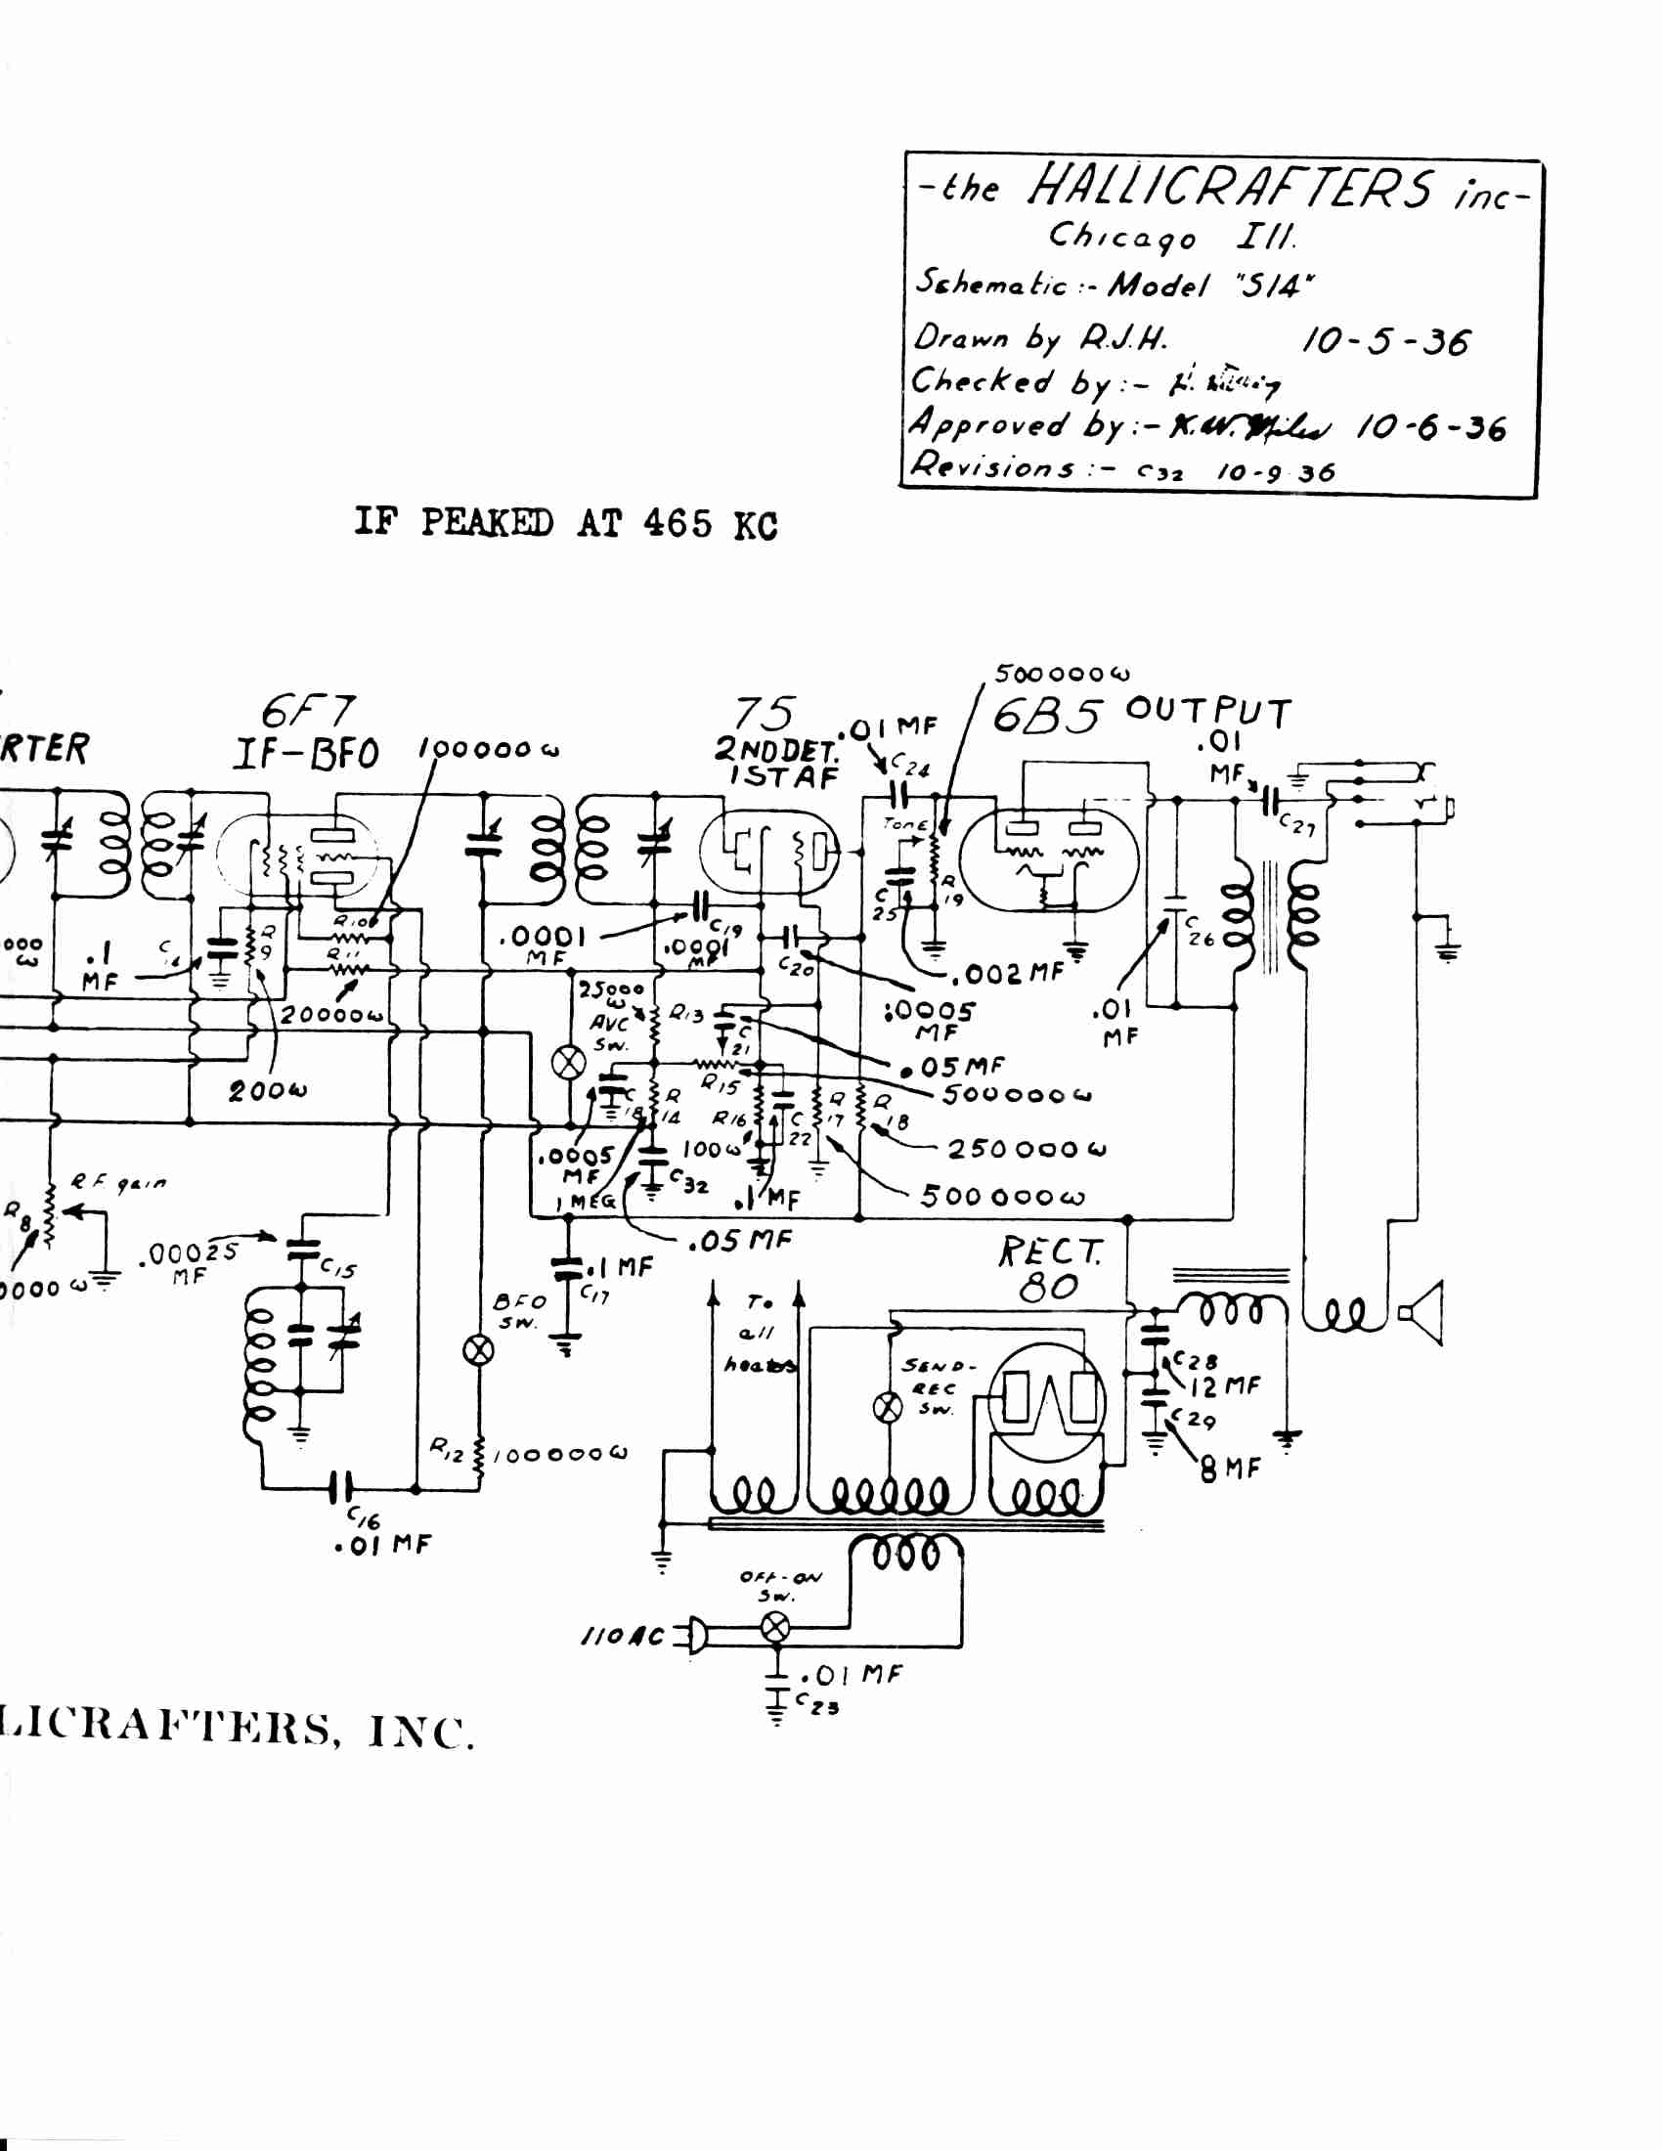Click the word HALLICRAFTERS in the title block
click(x=1230, y=186)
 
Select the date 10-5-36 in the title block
click(x=1385, y=342)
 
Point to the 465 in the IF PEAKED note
click(x=678, y=523)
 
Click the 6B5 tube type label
click(x=1046, y=716)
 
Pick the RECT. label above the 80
click(x=1051, y=1251)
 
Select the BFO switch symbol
click(x=478, y=1350)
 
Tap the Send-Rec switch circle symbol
click(x=888, y=1408)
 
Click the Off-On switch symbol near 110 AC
click(x=776, y=1627)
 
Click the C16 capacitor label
click(x=365, y=1516)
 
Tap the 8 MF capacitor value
click(x=1230, y=1471)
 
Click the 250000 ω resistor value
click(x=1026, y=1150)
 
